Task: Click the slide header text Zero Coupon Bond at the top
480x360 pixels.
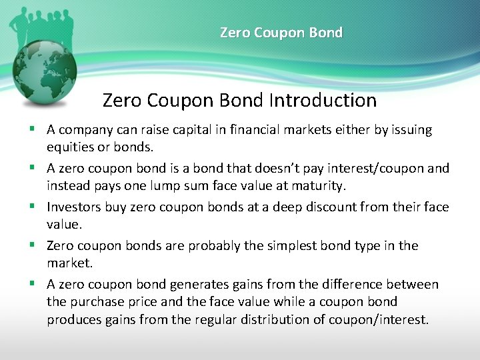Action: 281,33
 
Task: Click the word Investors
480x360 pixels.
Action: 74,207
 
